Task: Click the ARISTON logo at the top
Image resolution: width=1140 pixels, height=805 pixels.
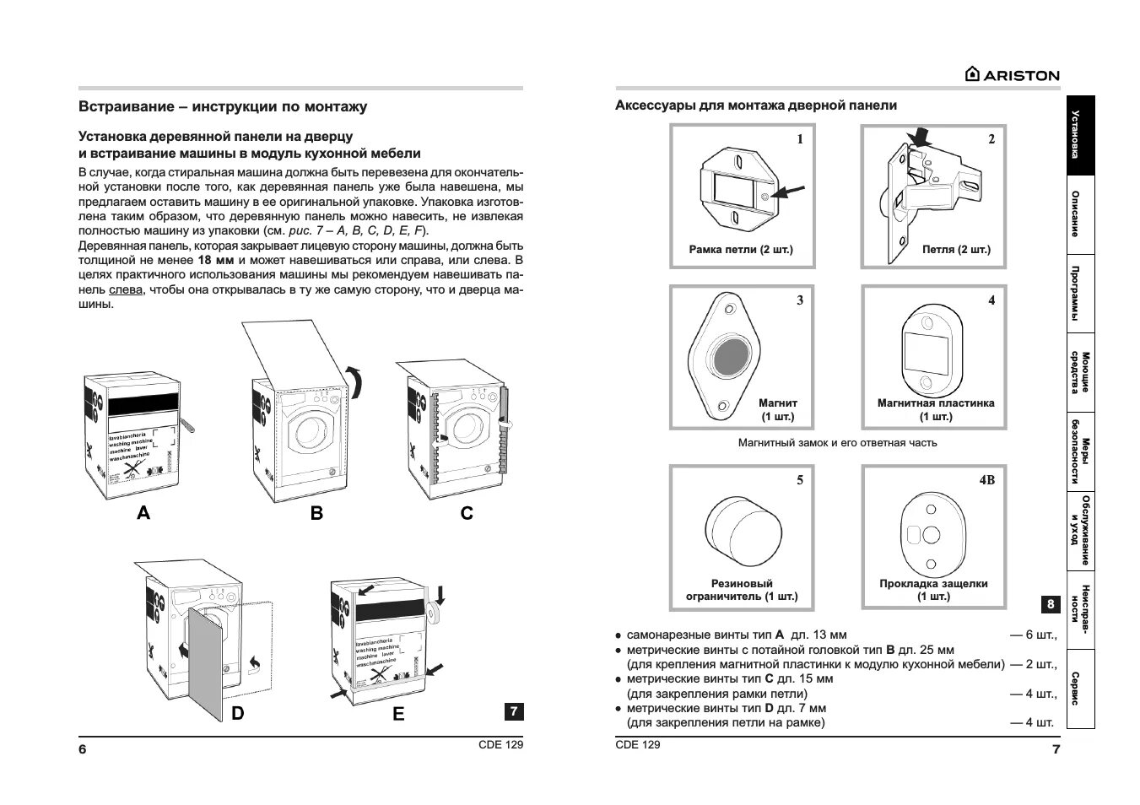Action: click(1012, 74)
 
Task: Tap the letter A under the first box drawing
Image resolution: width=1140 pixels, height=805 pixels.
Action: click(143, 512)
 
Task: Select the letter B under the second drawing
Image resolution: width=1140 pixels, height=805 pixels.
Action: click(316, 512)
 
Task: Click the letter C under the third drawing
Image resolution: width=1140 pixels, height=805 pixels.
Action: click(467, 512)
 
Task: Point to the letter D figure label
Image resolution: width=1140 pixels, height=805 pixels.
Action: click(238, 713)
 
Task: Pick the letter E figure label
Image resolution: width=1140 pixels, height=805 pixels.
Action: click(398, 714)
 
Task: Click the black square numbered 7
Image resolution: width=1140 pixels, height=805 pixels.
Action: click(514, 711)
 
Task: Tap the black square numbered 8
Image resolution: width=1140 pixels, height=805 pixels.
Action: click(1051, 603)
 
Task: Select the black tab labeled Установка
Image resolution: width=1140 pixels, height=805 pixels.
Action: click(1080, 135)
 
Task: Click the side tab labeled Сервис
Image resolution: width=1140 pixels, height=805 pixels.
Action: click(1080, 689)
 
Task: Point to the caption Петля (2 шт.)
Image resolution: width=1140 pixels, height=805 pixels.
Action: click(956, 250)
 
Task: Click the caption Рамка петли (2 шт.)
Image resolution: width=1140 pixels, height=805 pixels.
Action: click(741, 250)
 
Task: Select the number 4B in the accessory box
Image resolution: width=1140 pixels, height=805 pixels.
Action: click(986, 480)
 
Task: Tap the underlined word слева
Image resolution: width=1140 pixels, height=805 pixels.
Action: click(125, 289)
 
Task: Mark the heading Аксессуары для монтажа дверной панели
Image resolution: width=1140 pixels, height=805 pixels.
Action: click(756, 105)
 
